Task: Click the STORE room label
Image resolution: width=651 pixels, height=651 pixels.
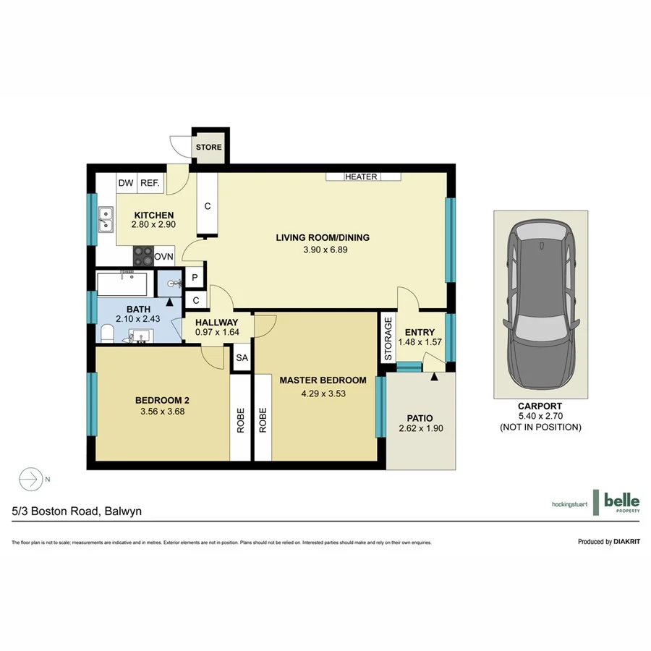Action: (209, 148)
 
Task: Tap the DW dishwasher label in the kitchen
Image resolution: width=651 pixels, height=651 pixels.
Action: (126, 184)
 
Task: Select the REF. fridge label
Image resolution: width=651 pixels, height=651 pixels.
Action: (150, 184)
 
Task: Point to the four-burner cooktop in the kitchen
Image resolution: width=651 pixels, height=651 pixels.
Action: (143, 257)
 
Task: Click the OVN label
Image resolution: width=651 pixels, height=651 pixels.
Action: (164, 257)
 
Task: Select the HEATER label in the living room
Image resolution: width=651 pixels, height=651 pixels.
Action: (362, 176)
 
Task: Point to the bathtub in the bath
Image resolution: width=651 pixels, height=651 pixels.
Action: (123, 284)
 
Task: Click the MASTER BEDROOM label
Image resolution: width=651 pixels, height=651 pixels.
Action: (323, 380)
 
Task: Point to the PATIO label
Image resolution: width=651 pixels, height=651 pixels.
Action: (420, 418)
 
